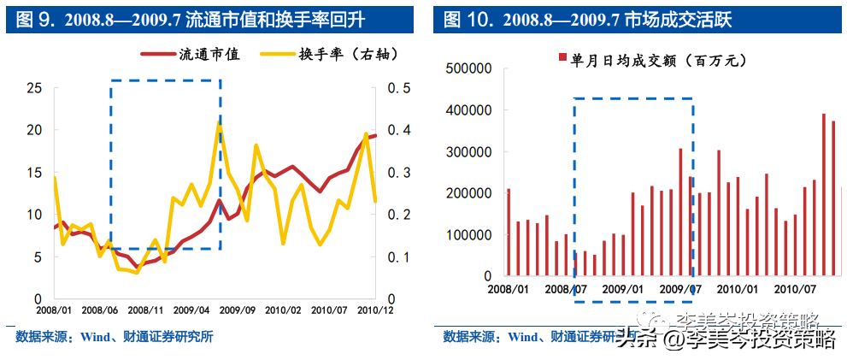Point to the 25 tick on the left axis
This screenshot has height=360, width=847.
tap(33, 88)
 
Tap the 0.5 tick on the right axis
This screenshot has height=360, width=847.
tap(400, 88)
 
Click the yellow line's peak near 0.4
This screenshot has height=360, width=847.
tap(219, 124)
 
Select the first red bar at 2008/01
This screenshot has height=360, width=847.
tap(509, 233)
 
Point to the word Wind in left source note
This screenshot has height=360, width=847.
tap(94, 337)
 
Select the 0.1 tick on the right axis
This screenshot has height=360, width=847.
tap(400, 257)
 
